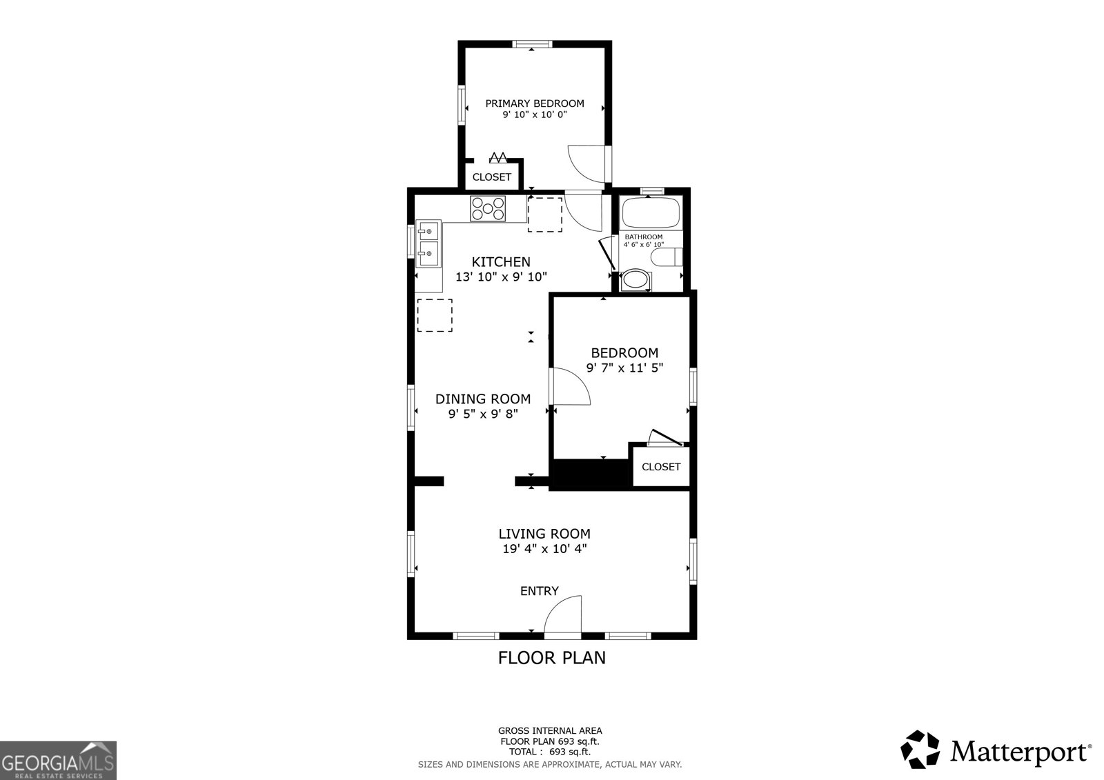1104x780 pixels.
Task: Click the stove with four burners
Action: pyautogui.click(x=488, y=209)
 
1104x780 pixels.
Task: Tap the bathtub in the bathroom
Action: pyautogui.click(x=651, y=213)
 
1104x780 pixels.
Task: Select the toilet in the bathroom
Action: pyautogui.click(x=666, y=257)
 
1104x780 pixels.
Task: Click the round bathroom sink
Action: pyautogui.click(x=635, y=280)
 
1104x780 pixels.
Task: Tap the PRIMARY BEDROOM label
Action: pyautogui.click(x=535, y=103)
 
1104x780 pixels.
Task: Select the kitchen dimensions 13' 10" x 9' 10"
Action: pyautogui.click(x=501, y=277)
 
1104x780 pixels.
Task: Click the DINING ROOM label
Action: pyautogui.click(x=483, y=399)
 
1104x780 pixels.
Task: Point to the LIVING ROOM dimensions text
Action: pyautogui.click(x=544, y=550)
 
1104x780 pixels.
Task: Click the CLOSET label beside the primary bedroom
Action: pyautogui.click(x=492, y=177)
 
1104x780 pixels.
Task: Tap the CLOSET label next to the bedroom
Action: pyautogui.click(x=661, y=467)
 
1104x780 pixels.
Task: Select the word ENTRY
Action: pyautogui.click(x=539, y=591)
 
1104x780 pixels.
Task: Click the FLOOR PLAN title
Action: pyautogui.click(x=551, y=658)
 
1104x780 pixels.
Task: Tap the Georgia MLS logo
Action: pyautogui.click(x=58, y=761)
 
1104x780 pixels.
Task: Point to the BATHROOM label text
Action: pyautogui.click(x=643, y=237)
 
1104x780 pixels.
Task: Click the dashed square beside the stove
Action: pyautogui.click(x=545, y=214)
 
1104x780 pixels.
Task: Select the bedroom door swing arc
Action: pyautogui.click(x=571, y=386)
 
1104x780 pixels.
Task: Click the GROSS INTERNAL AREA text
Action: pyautogui.click(x=550, y=730)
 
